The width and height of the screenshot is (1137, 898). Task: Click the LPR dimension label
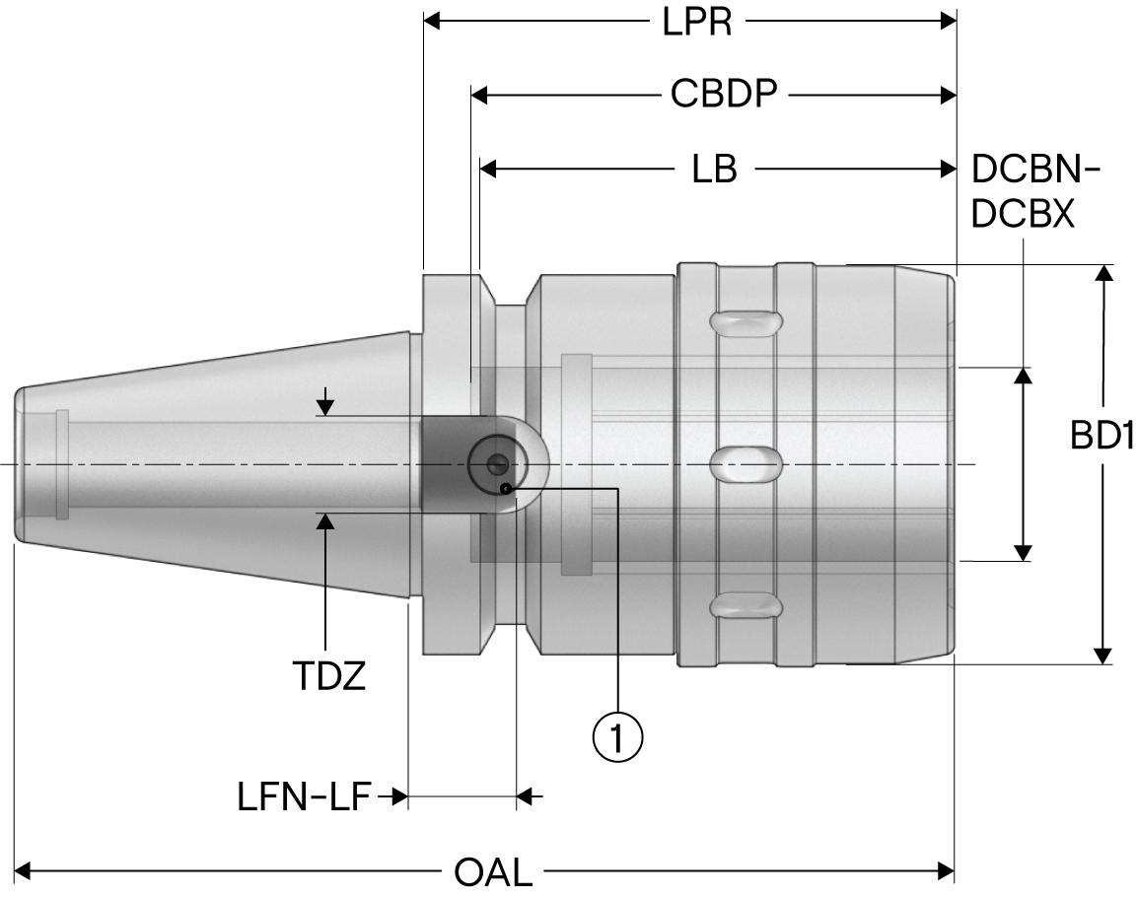point(696,22)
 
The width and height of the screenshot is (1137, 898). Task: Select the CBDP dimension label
point(724,95)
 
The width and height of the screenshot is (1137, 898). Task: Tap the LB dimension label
point(714,170)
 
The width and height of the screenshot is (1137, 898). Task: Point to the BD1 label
point(1101,437)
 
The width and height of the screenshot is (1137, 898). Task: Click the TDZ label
point(328,675)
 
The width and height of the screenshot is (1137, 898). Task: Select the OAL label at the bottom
point(492,872)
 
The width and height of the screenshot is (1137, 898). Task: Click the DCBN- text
point(1035,170)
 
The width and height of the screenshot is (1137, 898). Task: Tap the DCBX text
point(1023,214)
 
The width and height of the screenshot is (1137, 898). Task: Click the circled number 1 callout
point(617,735)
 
